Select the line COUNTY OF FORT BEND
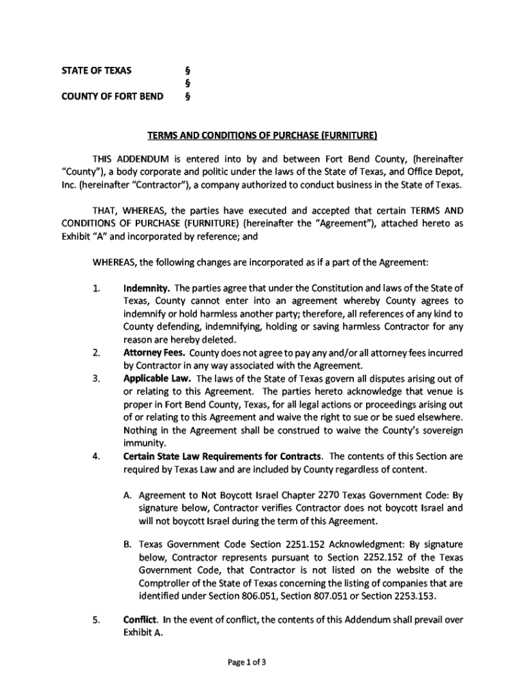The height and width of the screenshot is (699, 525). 112,96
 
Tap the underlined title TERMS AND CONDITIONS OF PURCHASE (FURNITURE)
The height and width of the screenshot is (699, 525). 262,134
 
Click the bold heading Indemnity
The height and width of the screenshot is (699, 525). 146,287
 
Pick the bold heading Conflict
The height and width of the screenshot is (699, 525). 141,620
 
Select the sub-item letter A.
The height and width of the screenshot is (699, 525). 127,496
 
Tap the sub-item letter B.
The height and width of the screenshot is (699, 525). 127,545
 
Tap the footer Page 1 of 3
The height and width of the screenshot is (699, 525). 262,661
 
